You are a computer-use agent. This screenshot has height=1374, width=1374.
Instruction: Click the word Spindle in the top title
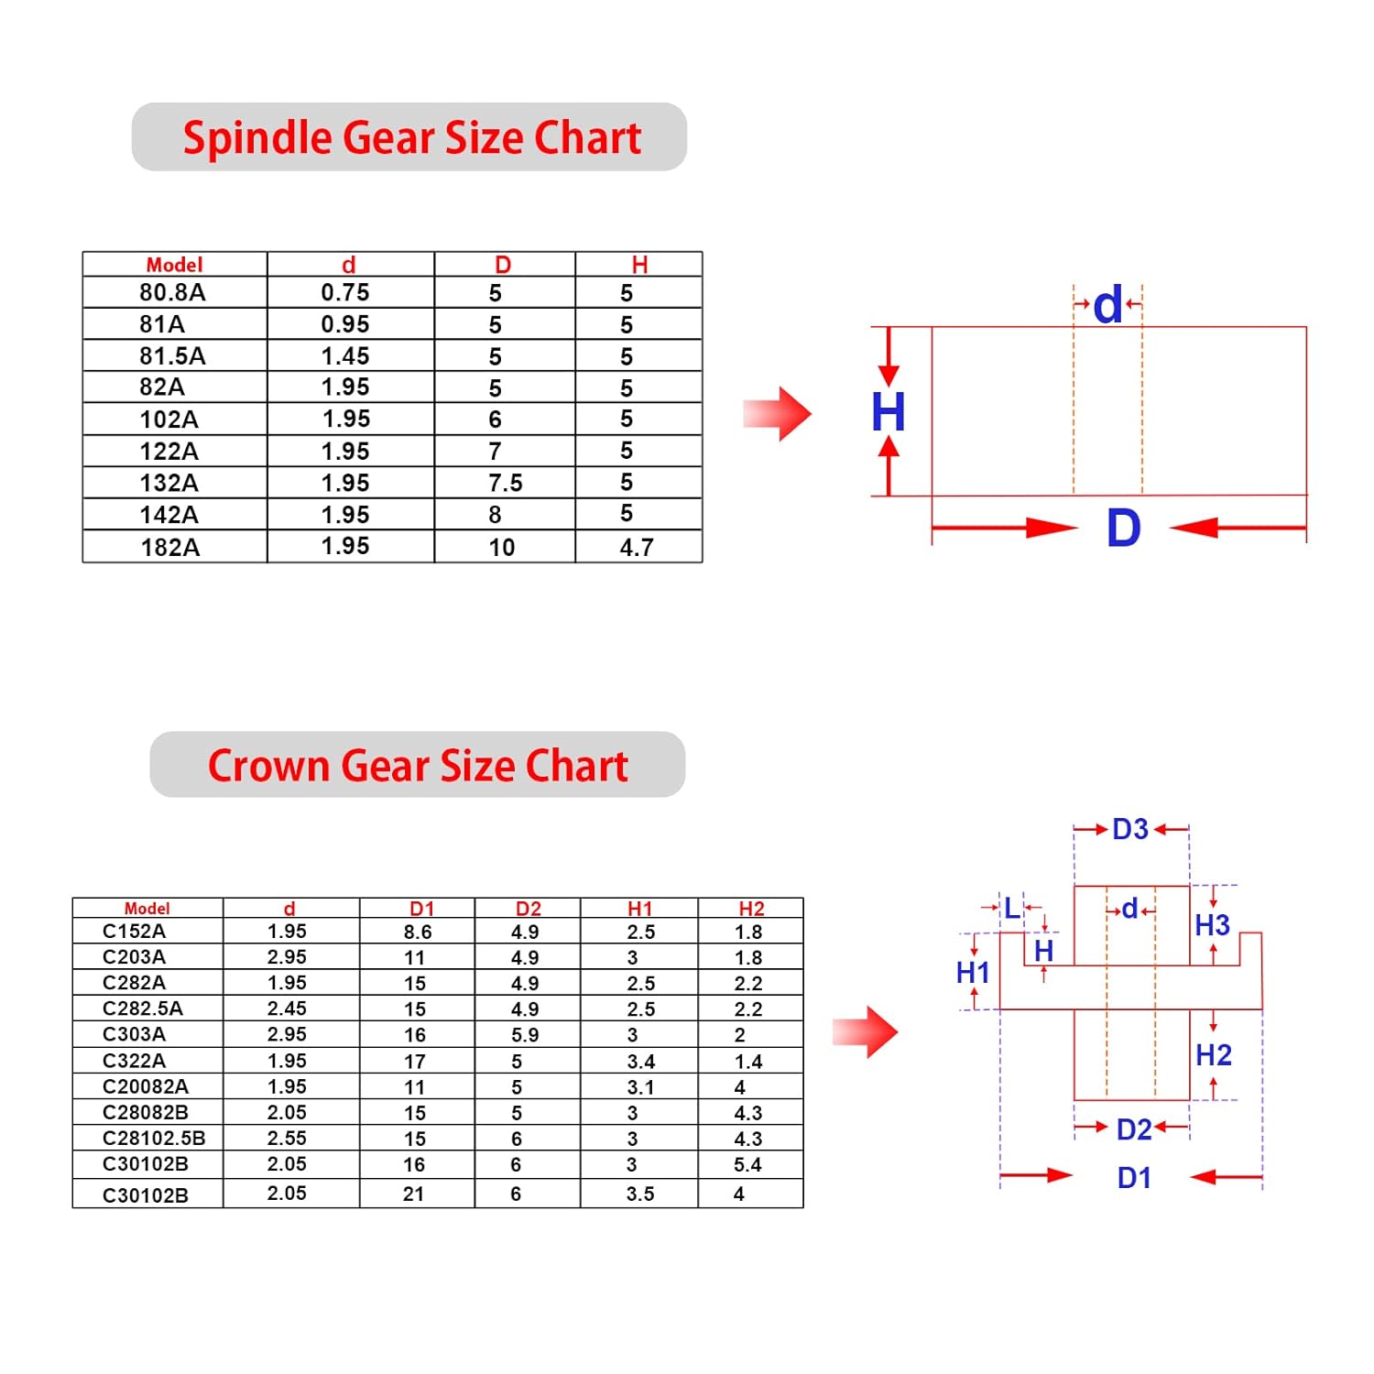[x=257, y=139]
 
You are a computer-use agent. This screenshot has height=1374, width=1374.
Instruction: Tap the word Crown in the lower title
[x=268, y=766]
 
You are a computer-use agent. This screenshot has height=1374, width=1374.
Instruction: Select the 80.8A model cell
[x=172, y=292]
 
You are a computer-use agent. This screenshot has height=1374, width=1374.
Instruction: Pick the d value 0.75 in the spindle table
[x=345, y=292]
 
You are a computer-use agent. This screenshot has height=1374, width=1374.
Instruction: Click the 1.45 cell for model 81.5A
[x=345, y=355]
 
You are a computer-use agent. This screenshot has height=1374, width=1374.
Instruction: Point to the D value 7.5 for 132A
[x=506, y=483]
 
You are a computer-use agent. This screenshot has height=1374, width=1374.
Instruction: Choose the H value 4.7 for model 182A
[x=637, y=547]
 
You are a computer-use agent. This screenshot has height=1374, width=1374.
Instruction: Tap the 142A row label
[x=169, y=515]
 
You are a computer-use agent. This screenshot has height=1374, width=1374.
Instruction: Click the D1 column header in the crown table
[x=421, y=909]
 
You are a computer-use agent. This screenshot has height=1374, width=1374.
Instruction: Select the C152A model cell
[x=134, y=932]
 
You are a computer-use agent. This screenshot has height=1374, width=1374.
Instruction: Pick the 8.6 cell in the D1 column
[x=418, y=932]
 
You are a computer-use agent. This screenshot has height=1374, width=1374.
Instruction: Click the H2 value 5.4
[x=747, y=1164]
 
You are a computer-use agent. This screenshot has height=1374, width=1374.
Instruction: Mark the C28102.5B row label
[x=154, y=1139]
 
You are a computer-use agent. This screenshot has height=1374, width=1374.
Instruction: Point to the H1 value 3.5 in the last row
[x=640, y=1194]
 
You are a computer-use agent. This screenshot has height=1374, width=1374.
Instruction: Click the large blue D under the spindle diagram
[x=1124, y=529]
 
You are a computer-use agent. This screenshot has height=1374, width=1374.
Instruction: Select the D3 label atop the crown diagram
[x=1130, y=829]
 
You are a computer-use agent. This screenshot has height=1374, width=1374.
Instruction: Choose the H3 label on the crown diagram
[x=1213, y=925]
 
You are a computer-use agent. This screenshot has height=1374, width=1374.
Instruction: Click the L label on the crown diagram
[x=1011, y=908]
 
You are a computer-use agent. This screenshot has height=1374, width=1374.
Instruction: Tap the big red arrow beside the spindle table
[x=777, y=414]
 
